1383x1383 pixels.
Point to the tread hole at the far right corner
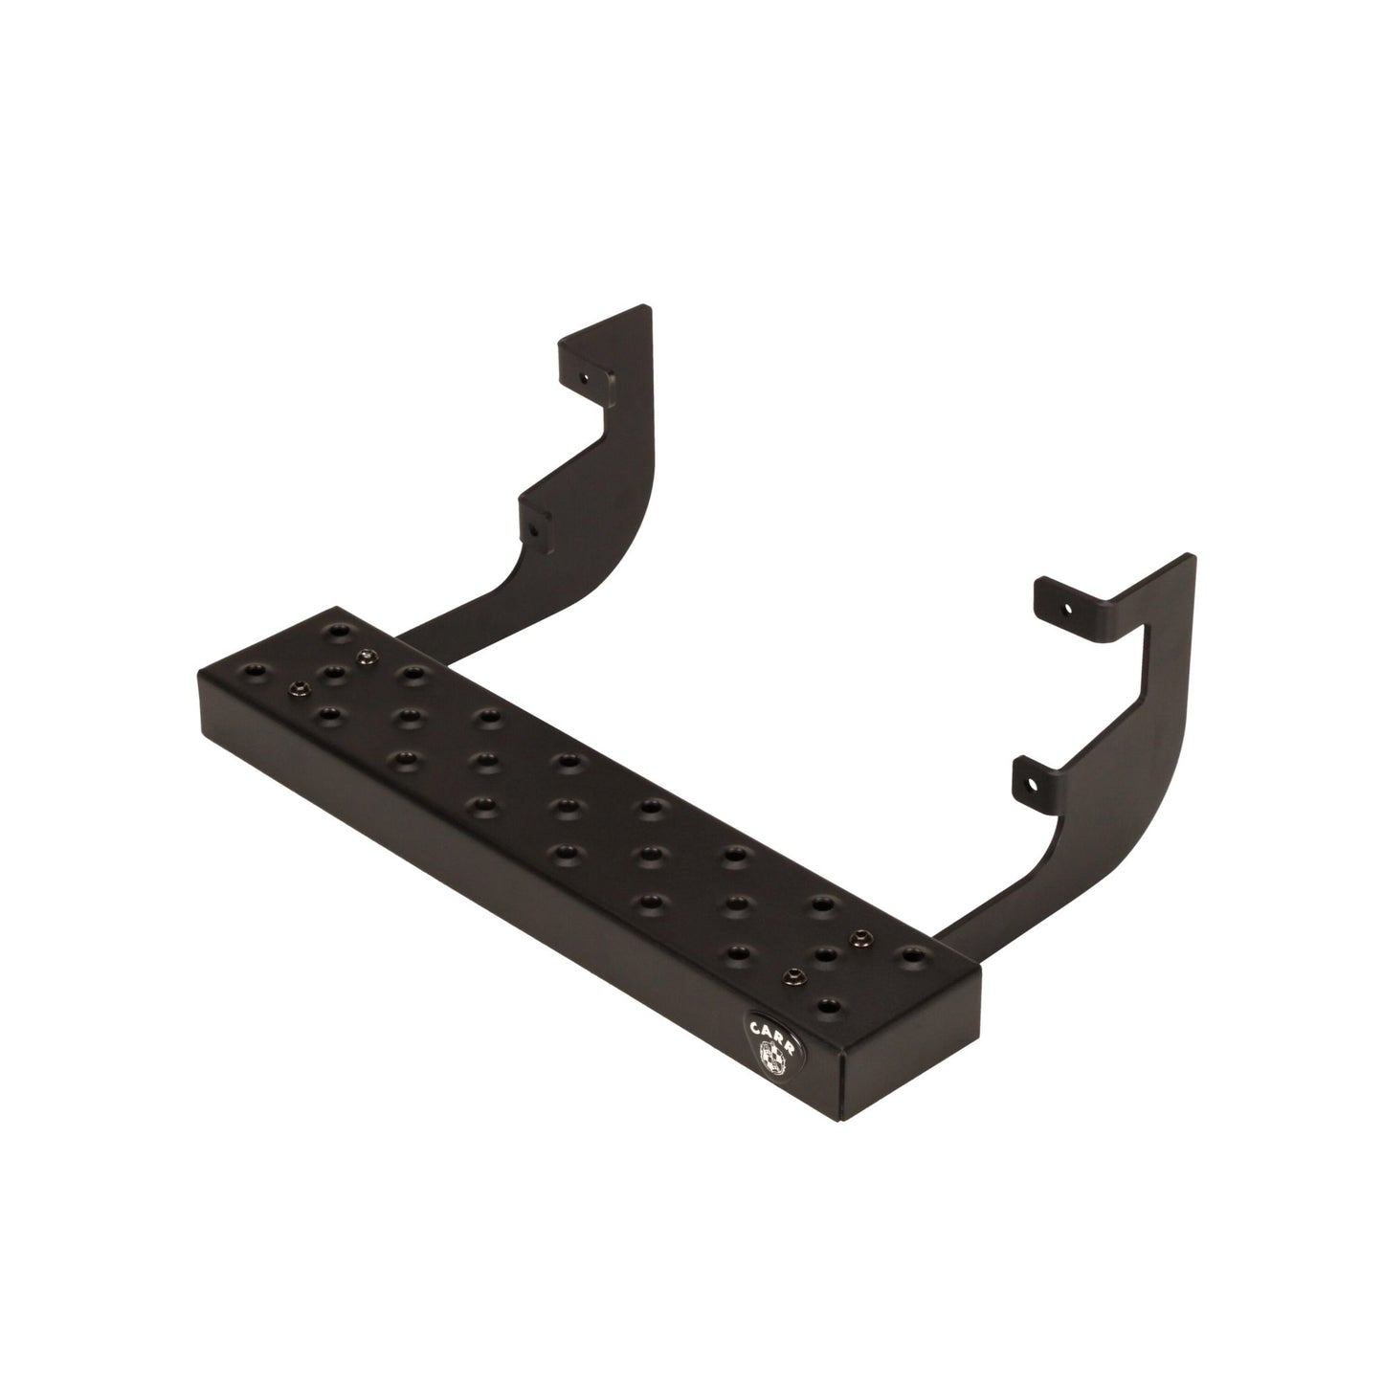pyautogui.click(x=912, y=954)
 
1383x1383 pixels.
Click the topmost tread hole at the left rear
pyautogui.click(x=335, y=632)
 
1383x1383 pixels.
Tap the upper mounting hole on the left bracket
pyautogui.click(x=581, y=378)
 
